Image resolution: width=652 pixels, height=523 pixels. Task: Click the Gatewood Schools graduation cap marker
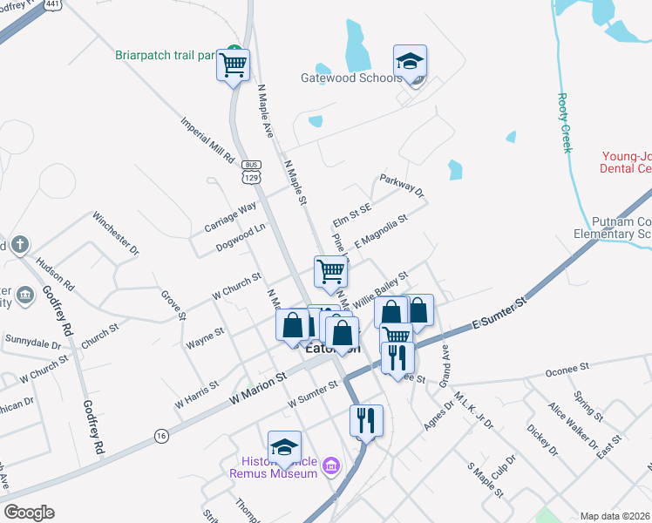click(x=410, y=63)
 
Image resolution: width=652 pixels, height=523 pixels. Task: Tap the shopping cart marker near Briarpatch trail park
click(x=234, y=65)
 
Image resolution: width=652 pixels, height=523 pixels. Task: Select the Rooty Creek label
click(x=565, y=123)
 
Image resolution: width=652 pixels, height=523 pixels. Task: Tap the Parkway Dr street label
click(x=401, y=185)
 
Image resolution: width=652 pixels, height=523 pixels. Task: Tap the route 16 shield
click(x=160, y=435)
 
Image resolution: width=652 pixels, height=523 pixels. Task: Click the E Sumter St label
click(x=499, y=314)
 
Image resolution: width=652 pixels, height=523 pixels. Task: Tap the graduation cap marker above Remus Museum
click(x=284, y=448)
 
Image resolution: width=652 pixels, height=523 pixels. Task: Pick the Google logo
click(x=30, y=512)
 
